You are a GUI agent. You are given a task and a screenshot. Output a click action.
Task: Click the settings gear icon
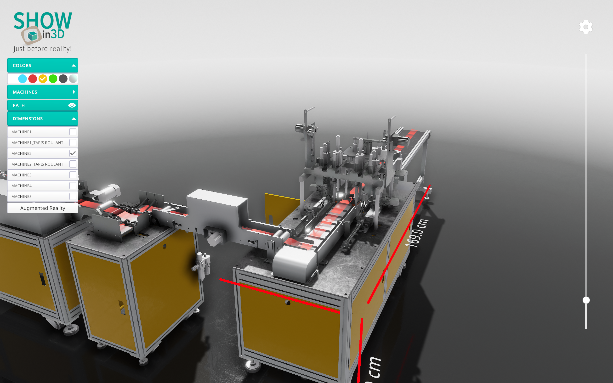(586, 27)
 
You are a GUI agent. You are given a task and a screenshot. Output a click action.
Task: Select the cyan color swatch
(23, 79)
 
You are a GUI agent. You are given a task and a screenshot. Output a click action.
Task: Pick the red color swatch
(33, 79)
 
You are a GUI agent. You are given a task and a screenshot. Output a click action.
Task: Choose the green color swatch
(53, 79)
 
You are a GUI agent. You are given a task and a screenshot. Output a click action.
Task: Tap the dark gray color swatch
(63, 79)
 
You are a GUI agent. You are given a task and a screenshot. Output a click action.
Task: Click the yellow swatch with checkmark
(43, 79)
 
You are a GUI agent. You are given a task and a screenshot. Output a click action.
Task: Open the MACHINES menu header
(43, 92)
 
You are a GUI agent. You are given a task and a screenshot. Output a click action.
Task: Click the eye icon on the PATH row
(72, 105)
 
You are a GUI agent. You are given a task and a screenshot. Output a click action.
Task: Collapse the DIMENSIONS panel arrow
(74, 118)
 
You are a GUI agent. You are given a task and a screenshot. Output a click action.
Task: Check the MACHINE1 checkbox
(73, 132)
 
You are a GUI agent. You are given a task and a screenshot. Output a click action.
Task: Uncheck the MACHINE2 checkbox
(73, 153)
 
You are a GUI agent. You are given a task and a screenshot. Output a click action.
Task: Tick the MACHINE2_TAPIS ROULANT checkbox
(73, 164)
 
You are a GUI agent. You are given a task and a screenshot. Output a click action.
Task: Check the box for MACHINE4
(73, 186)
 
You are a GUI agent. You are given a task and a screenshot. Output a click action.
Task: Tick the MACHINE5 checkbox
(73, 196)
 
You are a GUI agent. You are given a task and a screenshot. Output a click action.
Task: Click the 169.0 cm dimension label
(417, 233)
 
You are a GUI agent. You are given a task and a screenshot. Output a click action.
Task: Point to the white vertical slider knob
(586, 300)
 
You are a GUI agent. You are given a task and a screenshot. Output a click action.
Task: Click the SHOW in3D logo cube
(32, 36)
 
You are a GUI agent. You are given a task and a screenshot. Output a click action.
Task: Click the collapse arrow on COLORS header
(74, 65)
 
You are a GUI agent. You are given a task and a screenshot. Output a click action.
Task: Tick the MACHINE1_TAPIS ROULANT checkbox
(73, 143)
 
